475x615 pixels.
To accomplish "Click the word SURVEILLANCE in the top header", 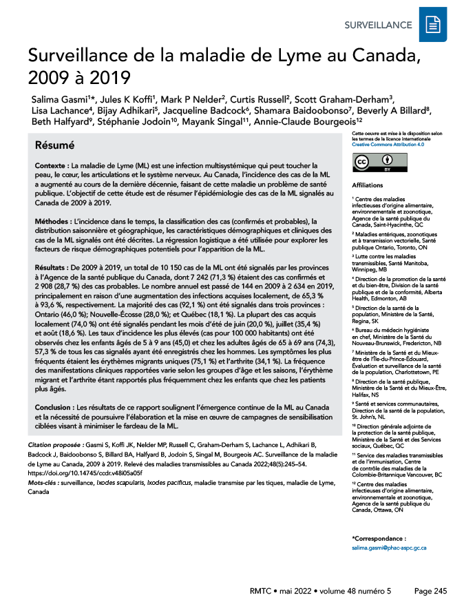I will pyautogui.click(x=379, y=25).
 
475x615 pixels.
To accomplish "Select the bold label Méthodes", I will pyautogui.click(x=53, y=221).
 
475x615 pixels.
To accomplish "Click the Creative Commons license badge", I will pyautogui.click(x=376, y=163).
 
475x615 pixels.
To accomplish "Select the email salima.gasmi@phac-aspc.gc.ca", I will pyautogui.click(x=389, y=548).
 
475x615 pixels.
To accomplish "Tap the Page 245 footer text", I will pyautogui.click(x=430, y=591).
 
